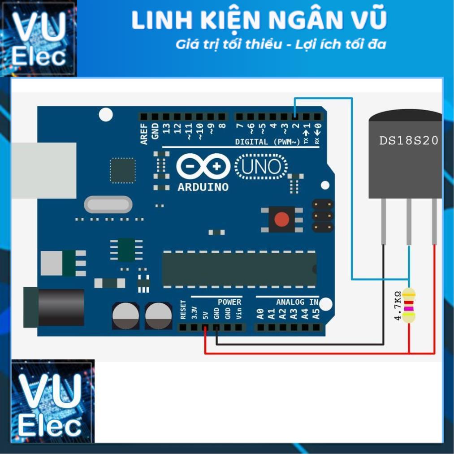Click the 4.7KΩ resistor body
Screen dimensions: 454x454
409,306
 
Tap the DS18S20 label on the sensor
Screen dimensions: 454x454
408,140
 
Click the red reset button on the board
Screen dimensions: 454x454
281,219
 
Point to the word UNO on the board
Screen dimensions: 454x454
261,167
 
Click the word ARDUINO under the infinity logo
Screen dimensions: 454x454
203,187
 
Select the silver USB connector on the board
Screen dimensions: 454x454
43,170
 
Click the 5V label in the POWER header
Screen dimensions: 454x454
205,314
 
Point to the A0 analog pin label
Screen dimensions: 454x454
260,314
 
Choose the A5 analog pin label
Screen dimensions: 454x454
317,314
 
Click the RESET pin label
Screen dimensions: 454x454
183,310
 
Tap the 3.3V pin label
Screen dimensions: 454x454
194,312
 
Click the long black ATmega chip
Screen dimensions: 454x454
239,269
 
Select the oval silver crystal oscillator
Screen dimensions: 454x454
108,205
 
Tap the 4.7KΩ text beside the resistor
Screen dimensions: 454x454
397,306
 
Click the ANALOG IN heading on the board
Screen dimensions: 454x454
297,302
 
